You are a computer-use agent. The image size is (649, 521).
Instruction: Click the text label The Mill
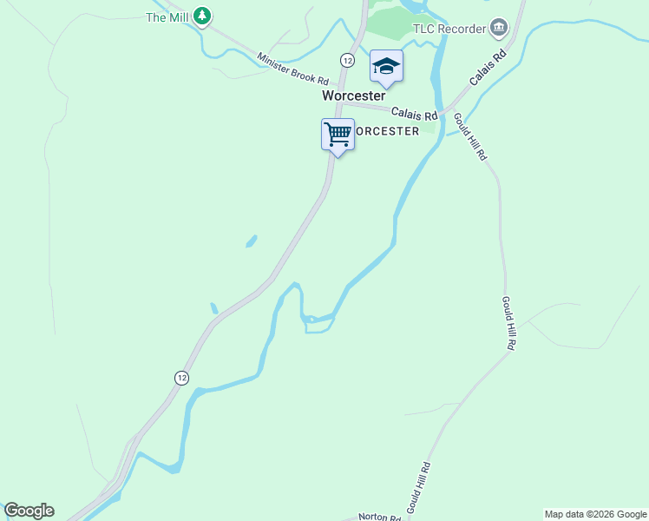pyautogui.click(x=167, y=16)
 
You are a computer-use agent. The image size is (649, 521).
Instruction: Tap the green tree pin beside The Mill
pyautogui.click(x=202, y=16)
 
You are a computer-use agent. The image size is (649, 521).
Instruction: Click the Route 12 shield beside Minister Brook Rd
pyautogui.click(x=347, y=60)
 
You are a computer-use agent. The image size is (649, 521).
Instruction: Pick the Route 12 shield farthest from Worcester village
pyautogui.click(x=180, y=378)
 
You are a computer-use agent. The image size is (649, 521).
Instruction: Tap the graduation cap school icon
pyautogui.click(x=386, y=66)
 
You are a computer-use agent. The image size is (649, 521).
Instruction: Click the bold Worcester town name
pyautogui.click(x=353, y=96)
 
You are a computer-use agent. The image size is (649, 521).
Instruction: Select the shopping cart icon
pyautogui.click(x=338, y=135)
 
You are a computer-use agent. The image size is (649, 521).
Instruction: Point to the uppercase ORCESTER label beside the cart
pyautogui.click(x=388, y=131)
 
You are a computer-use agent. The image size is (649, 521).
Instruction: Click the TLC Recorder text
pyautogui.click(x=449, y=29)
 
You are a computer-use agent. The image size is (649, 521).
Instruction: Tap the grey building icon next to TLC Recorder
pyautogui.click(x=498, y=29)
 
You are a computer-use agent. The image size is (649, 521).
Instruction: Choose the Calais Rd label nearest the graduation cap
pyautogui.click(x=414, y=113)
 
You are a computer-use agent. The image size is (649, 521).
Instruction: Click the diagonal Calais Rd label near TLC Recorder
pyautogui.click(x=488, y=68)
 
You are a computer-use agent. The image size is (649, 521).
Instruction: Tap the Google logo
pyautogui.click(x=29, y=511)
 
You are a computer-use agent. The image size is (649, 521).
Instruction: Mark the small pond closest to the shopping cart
pyautogui.click(x=251, y=241)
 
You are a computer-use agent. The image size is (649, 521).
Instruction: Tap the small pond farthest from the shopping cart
pyautogui.click(x=214, y=308)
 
